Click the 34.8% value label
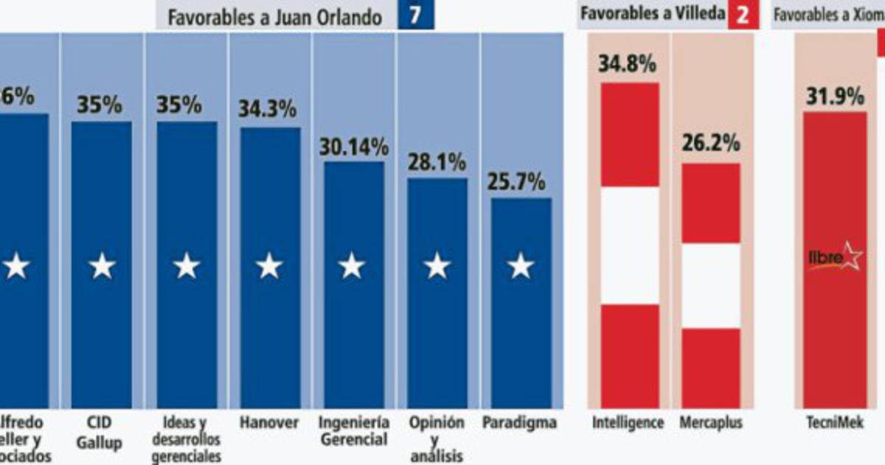[627, 64]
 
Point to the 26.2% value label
[710, 143]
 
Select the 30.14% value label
[353, 146]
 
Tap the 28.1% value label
[437, 162]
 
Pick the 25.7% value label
[521, 182]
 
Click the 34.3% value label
[268, 110]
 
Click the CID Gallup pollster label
[102, 433]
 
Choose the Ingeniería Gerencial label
[353, 431]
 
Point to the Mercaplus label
[711, 424]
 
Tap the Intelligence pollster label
[628, 424]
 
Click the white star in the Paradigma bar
[521, 266]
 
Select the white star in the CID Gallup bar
[102, 266]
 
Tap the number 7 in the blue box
[415, 15]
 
